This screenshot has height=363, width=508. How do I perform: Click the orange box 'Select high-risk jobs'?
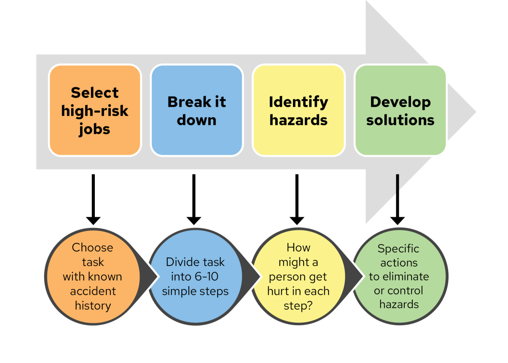95,110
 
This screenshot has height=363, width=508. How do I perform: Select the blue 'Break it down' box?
196,110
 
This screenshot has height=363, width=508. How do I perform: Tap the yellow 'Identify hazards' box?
298,110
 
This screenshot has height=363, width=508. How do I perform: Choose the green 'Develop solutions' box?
400,110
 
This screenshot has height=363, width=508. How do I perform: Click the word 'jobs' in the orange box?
94,129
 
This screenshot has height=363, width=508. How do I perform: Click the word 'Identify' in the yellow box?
298,102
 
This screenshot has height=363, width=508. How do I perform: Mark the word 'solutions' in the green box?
400,120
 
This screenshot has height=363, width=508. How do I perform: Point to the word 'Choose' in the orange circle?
92,247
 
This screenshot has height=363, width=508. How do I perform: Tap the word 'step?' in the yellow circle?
298,306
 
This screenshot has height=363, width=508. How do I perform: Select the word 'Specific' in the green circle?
398,249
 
